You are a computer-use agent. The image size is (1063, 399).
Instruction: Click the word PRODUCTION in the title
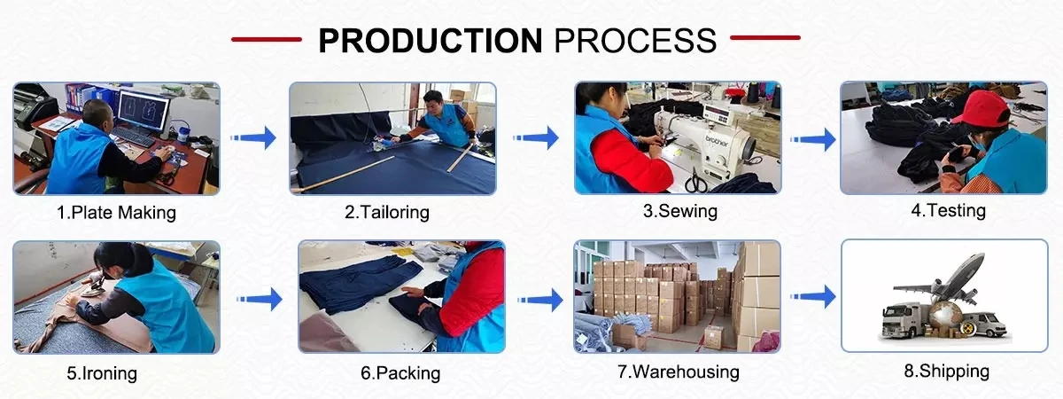point(430,40)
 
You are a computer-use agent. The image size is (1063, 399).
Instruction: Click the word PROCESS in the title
point(634,40)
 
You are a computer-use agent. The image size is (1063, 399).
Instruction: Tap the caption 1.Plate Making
point(116,213)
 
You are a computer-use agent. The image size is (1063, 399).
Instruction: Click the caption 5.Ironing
point(103,373)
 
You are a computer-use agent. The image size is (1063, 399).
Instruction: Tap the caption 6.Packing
point(401,373)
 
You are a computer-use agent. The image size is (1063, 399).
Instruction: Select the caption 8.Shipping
point(947,372)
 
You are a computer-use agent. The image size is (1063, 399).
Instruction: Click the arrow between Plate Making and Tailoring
point(253,137)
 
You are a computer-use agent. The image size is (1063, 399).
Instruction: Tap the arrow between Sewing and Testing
point(812,138)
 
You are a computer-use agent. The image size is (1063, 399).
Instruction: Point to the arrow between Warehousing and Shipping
point(812,296)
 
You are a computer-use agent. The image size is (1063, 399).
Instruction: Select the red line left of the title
point(266,39)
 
